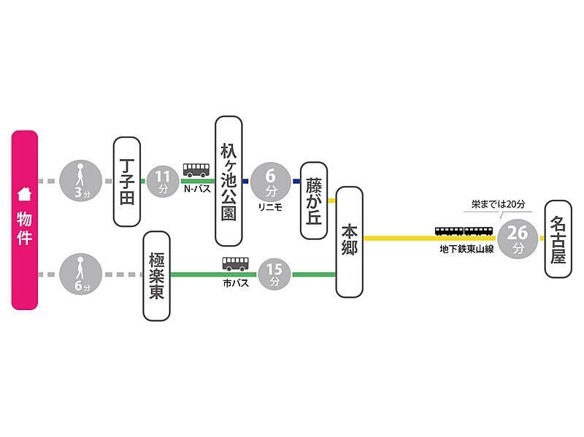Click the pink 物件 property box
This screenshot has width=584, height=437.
pos(24,220)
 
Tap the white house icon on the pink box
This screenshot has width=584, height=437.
pos(24,194)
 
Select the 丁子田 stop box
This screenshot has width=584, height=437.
pos(126,181)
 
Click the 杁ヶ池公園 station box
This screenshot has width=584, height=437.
pos(229,181)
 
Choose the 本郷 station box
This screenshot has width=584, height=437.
pos(349,241)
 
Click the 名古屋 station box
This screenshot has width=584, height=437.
pos(558,238)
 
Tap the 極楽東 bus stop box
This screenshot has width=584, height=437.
pos(156,276)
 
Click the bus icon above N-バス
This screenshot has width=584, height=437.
pos(196,171)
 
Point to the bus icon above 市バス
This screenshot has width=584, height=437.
pos(236,264)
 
